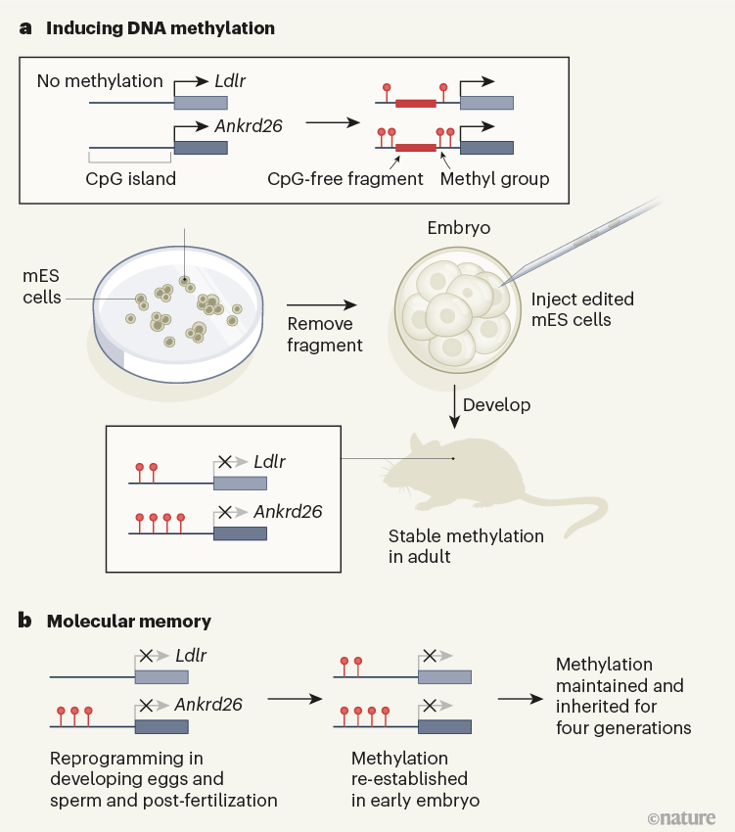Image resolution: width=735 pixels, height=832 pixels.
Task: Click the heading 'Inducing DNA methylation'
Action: [160, 28]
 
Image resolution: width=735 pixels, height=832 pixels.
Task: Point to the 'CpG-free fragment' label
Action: [345, 179]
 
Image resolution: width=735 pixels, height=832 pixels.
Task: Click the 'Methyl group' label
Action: [495, 179]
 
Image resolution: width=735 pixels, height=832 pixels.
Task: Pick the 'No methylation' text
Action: [100, 80]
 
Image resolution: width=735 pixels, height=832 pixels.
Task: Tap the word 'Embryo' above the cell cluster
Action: [459, 228]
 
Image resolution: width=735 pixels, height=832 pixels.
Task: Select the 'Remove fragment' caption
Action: [325, 336]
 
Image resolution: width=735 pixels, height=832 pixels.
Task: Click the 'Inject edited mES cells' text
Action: [582, 309]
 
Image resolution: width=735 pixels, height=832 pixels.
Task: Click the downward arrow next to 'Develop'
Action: [453, 404]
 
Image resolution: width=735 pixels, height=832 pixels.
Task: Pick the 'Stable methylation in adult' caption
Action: [466, 546]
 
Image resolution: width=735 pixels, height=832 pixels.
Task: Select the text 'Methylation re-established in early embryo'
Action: [410, 779]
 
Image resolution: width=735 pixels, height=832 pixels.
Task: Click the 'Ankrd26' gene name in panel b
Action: [208, 703]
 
